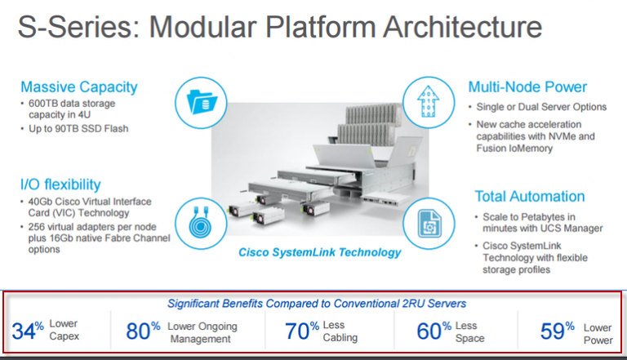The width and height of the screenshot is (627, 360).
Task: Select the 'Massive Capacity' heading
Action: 78,87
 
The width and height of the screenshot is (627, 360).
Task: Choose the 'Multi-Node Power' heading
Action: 527,87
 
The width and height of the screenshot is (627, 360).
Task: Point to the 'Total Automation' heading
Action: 529,196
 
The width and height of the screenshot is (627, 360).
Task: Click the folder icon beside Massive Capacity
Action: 199,102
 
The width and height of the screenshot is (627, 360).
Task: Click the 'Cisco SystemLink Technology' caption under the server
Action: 319,252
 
